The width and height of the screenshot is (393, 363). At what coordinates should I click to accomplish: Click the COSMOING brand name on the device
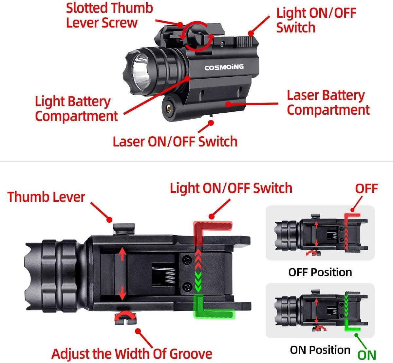click(224, 67)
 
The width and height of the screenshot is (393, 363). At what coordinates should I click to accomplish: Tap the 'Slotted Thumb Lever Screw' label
click(109, 15)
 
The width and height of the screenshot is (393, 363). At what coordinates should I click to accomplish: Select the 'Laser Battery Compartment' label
click(328, 103)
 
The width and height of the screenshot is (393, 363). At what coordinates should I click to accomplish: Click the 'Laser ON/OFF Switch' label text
click(175, 142)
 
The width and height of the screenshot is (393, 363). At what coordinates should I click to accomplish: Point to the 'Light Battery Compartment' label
click(76, 109)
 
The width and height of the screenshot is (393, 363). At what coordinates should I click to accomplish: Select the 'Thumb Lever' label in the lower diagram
click(46, 197)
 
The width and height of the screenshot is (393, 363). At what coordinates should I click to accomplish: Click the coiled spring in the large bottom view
click(169, 274)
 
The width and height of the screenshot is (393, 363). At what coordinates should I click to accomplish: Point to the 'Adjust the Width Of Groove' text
click(132, 354)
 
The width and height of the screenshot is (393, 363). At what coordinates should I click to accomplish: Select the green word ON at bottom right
click(366, 355)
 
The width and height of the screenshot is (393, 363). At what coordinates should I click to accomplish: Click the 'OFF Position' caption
click(320, 272)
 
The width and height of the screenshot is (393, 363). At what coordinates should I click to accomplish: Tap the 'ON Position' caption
click(320, 350)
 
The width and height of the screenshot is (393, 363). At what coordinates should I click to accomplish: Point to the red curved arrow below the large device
click(124, 316)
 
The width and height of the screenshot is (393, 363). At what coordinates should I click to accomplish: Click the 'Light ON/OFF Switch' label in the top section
click(316, 20)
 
